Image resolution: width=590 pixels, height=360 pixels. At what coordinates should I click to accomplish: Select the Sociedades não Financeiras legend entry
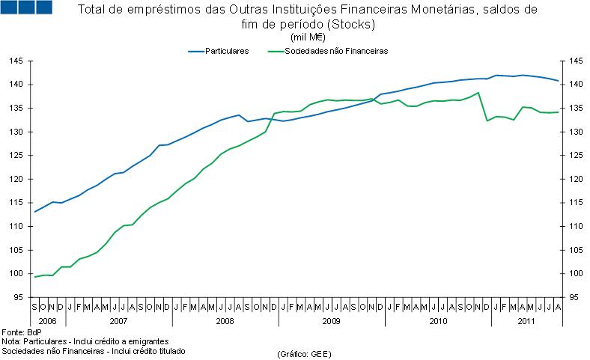tap(335, 51)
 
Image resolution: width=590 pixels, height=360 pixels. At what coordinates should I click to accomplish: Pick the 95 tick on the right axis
tap(574, 297)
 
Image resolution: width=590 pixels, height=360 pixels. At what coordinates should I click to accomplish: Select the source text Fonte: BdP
tap(22, 332)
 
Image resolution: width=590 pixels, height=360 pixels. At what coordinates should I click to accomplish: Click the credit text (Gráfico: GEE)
tap(304, 353)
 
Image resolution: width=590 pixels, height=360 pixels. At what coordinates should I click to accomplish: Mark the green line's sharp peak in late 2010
tap(478, 93)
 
